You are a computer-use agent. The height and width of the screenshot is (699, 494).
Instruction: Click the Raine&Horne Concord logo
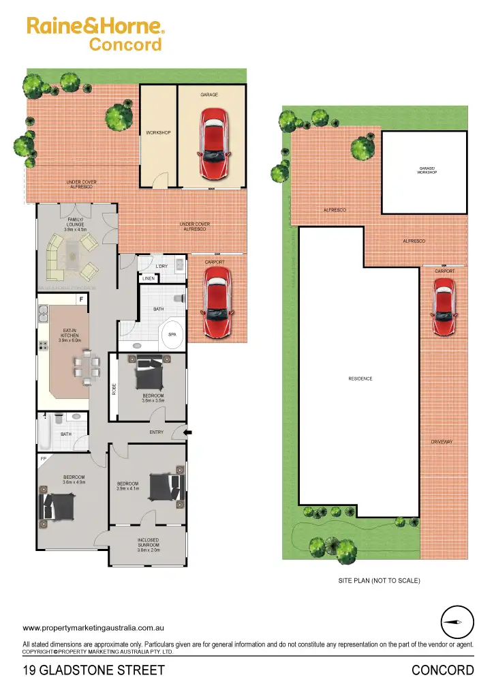95,35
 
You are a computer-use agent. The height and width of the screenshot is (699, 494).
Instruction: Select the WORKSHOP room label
158,132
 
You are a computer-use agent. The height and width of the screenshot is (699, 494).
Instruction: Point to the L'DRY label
161,266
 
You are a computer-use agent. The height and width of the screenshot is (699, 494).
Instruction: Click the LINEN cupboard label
149,278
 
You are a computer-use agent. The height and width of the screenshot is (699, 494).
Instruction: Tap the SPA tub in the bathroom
172,335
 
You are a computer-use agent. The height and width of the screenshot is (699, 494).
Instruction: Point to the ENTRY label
157,432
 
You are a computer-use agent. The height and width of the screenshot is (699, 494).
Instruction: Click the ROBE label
114,389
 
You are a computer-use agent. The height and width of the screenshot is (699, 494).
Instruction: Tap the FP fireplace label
43,459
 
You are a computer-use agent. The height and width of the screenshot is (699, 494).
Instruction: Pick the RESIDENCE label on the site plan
360,379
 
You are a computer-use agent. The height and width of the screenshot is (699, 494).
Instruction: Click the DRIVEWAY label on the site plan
442,443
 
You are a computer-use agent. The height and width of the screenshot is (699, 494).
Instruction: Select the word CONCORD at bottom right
443,670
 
